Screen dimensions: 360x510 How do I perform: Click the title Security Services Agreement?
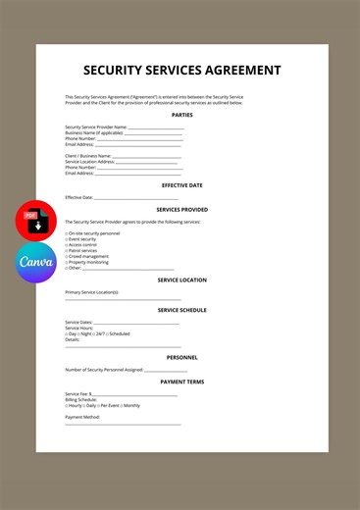click(x=181, y=71)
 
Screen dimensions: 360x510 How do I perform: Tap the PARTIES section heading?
click(x=181, y=115)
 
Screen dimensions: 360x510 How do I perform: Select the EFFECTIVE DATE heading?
click(x=181, y=184)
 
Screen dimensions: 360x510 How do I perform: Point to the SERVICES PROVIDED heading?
click(x=181, y=209)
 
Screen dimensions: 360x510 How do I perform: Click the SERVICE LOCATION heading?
click(x=181, y=280)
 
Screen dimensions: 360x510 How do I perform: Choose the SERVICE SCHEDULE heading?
click(x=181, y=310)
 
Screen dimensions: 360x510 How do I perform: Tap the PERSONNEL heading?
click(x=181, y=357)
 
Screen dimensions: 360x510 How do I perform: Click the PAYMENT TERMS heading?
click(x=181, y=382)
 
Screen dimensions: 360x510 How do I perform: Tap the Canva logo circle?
click(x=33, y=263)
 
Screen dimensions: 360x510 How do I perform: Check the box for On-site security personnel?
click(x=67, y=233)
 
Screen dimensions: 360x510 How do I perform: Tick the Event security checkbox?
click(x=67, y=239)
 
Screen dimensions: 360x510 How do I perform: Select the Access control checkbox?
click(x=67, y=245)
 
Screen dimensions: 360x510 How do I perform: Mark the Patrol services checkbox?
click(x=67, y=251)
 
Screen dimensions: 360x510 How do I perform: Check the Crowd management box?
click(x=67, y=257)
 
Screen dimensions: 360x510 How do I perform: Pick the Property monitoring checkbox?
click(x=67, y=263)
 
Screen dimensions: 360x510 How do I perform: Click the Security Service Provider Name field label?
click(x=95, y=127)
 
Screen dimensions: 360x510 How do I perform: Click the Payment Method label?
click(x=82, y=417)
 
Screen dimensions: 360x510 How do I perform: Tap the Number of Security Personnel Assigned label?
click(x=103, y=370)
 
